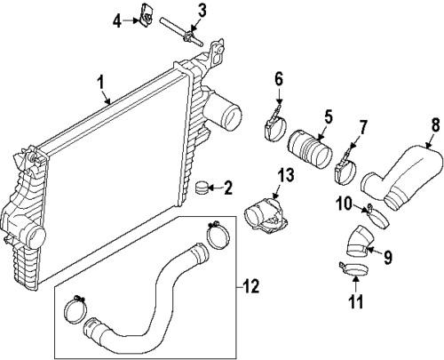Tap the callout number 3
(x=202, y=11)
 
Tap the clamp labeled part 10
(x=373, y=213)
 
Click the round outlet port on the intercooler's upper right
(x=227, y=114)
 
